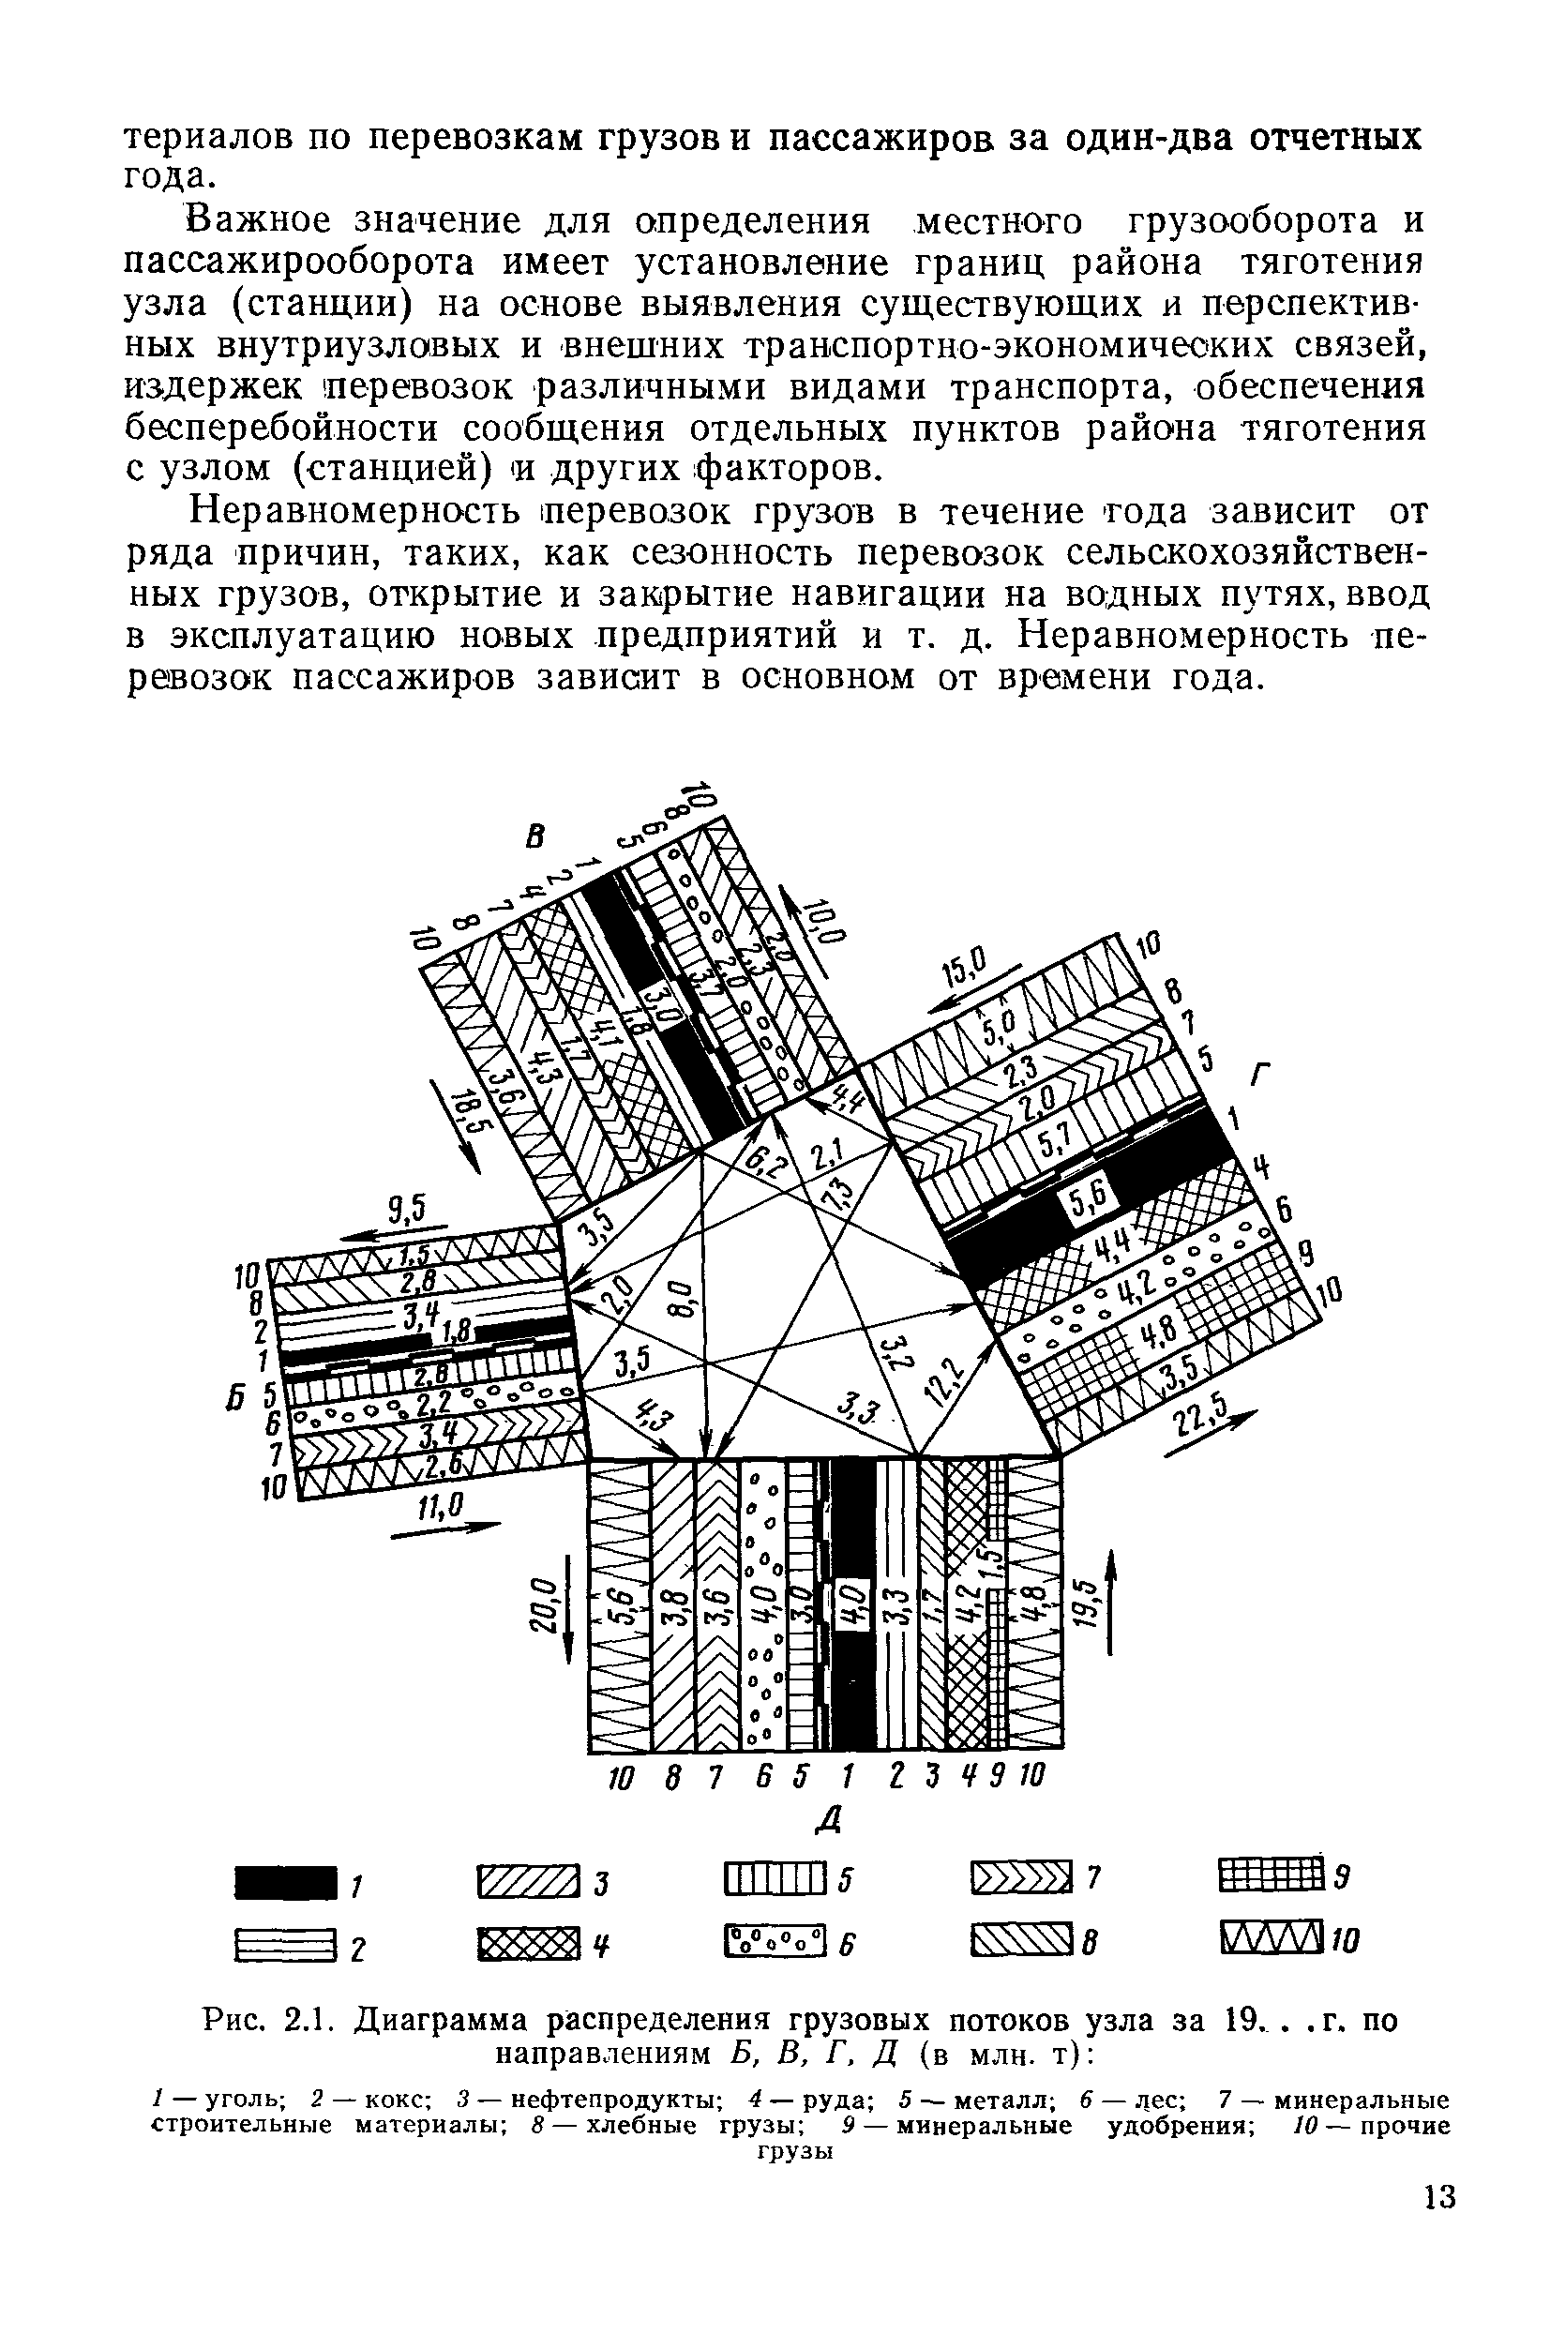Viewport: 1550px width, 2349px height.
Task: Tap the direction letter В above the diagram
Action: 534,837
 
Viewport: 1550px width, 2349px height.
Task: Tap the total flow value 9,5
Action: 404,1209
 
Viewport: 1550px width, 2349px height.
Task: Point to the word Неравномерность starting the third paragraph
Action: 356,511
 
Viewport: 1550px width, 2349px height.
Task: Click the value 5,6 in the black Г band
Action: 1091,1201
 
